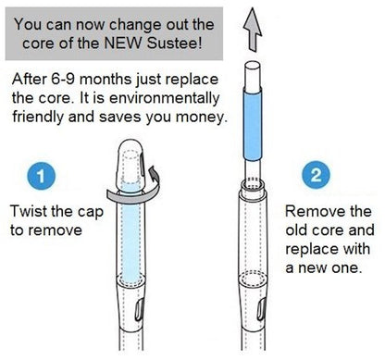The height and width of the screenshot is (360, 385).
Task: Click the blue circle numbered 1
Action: pyautogui.click(x=41, y=177)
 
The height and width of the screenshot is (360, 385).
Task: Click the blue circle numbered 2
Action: pyautogui.click(x=316, y=175)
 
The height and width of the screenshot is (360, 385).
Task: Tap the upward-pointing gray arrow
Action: pyautogui.click(x=253, y=30)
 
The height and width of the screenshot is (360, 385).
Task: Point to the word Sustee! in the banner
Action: pyautogui.click(x=174, y=43)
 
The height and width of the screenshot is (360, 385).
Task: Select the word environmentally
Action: pyautogui.click(x=165, y=98)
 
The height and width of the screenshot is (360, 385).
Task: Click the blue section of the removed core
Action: pyautogui.click(x=253, y=124)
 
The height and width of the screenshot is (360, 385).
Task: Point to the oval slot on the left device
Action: pyautogui.click(x=139, y=310)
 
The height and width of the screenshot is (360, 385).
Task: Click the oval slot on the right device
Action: pyautogui.click(x=262, y=310)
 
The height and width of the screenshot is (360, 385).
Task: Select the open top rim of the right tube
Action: pyautogui.click(x=253, y=185)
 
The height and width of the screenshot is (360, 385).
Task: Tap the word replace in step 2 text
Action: pyautogui.click(x=311, y=249)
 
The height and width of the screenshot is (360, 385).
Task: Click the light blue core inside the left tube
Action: pyautogui.click(x=130, y=234)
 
